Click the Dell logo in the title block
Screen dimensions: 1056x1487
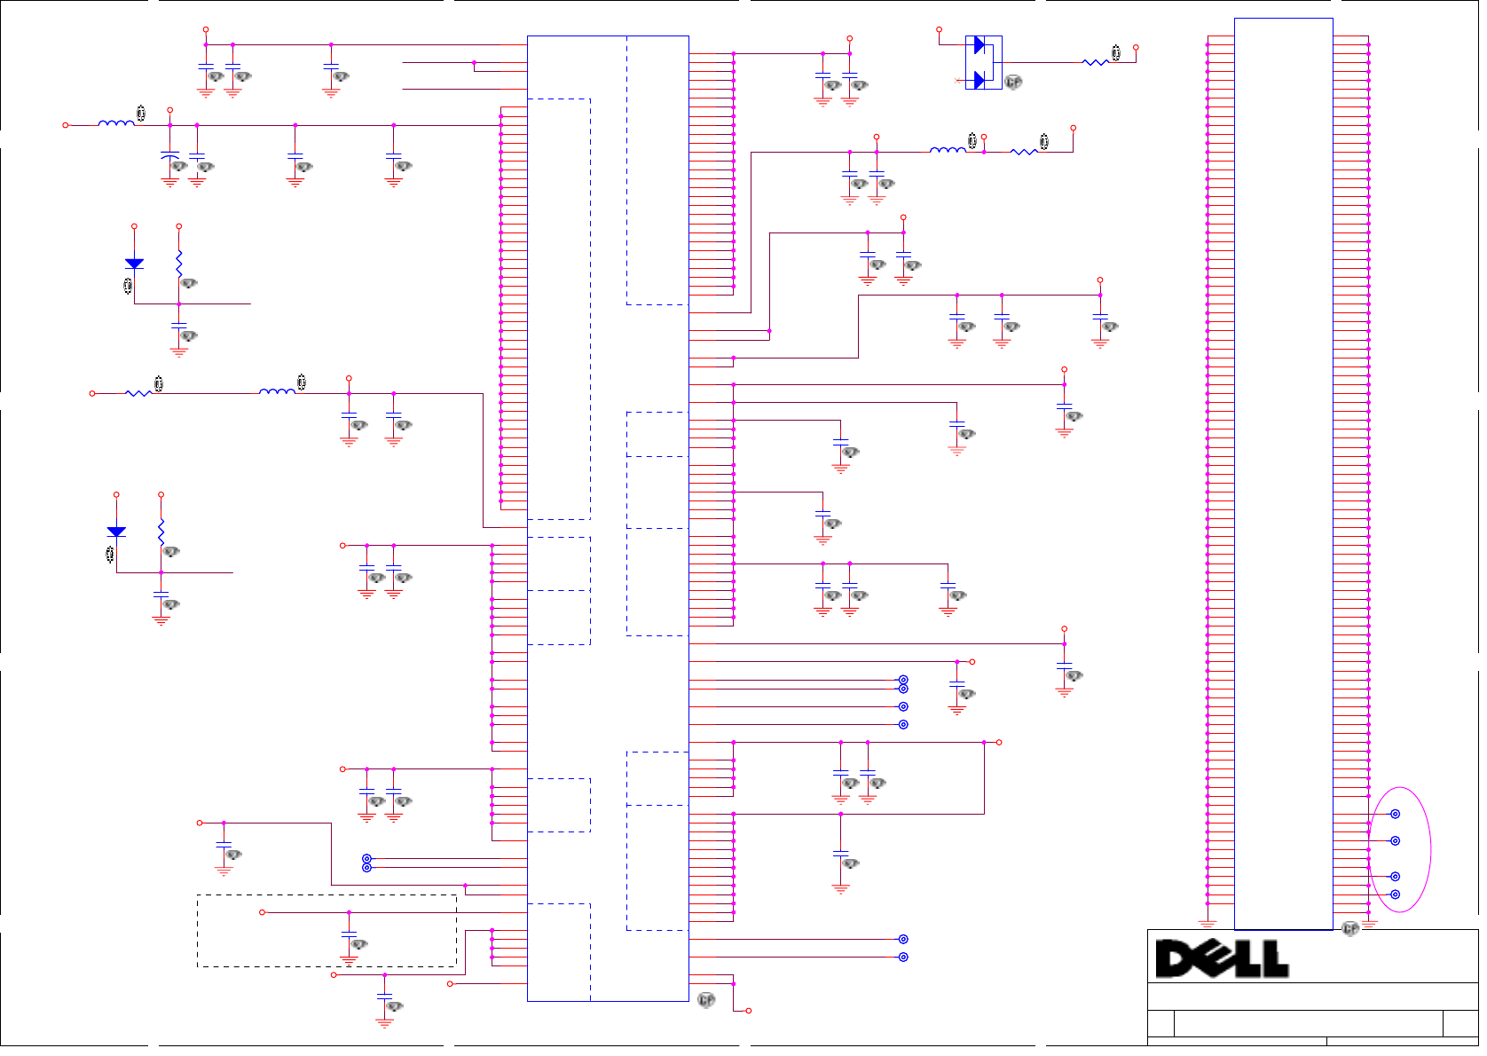[x=1222, y=958]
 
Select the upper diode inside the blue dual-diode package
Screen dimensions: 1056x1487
[x=980, y=45]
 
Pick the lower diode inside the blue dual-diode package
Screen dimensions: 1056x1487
[x=980, y=80]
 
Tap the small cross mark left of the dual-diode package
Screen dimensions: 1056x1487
[x=956, y=81]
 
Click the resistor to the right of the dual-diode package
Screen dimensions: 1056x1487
[x=1096, y=62]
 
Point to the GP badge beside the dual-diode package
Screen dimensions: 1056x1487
[x=1013, y=82]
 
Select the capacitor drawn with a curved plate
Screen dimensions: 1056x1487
[x=169, y=157]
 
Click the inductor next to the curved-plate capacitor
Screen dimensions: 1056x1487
[x=116, y=123]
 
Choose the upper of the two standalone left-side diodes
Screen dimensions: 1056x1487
[x=134, y=264]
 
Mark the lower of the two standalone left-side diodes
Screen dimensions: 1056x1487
[x=116, y=532]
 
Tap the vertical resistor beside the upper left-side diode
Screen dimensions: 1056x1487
[x=179, y=262]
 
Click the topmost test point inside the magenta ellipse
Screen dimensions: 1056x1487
[x=1395, y=814]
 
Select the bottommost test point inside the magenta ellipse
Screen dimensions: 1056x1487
[x=1395, y=894]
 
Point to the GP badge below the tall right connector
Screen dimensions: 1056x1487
[x=1350, y=928]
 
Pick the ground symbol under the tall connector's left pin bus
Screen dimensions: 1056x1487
[x=1207, y=925]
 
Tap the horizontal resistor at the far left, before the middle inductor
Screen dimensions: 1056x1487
[x=138, y=392]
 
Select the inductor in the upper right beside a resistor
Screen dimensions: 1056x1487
[x=948, y=151]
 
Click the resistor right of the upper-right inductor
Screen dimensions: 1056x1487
[x=1024, y=152]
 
